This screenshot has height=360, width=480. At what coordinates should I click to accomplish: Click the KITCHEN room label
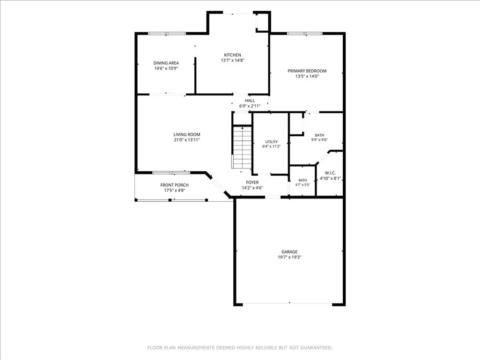232,55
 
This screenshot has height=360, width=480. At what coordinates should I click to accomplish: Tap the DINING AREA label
166,63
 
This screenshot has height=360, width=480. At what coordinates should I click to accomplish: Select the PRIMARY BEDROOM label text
307,71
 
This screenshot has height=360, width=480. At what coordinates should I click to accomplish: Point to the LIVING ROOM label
187,134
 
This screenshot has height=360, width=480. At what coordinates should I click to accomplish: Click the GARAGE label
289,252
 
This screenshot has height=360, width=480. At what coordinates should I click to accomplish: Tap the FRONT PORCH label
175,185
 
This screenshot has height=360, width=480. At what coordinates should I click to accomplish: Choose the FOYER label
252,183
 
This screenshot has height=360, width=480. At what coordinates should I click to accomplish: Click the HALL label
250,100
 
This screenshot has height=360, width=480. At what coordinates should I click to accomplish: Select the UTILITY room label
272,142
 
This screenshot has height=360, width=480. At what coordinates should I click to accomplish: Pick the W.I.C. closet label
330,173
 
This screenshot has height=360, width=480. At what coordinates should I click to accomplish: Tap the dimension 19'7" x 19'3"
289,257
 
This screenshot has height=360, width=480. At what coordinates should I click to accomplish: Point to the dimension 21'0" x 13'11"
187,140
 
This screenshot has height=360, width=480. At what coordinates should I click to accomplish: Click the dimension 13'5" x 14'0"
307,76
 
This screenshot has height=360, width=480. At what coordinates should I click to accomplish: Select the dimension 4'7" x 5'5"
303,185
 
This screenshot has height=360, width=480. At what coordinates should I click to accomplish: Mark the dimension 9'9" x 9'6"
319,140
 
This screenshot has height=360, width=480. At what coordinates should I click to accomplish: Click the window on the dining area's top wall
167,33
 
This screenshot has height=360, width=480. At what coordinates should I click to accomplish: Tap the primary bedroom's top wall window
305,33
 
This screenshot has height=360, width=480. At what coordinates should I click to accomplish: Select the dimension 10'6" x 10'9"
166,68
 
